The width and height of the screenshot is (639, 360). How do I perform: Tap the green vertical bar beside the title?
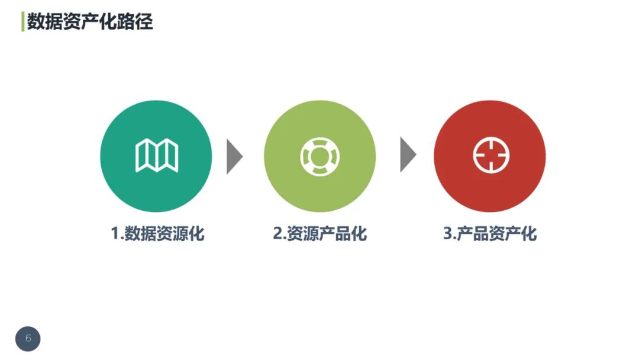(x=22, y=21)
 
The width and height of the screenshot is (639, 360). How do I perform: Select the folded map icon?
(x=157, y=156)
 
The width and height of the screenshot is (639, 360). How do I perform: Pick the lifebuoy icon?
(x=319, y=156)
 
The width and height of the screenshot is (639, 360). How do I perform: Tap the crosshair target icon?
(x=491, y=156)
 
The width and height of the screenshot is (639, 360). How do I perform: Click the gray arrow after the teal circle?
(x=234, y=156)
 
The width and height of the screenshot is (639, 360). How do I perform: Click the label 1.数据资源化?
(x=157, y=233)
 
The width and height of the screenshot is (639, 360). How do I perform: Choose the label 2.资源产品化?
(x=319, y=233)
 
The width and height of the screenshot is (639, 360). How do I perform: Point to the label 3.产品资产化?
(x=490, y=233)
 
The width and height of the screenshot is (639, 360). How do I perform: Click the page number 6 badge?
(x=28, y=339)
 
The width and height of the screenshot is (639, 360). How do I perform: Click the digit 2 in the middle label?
(x=277, y=233)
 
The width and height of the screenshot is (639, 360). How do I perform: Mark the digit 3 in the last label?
(x=448, y=233)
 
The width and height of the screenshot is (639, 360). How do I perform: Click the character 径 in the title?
(x=145, y=21)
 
